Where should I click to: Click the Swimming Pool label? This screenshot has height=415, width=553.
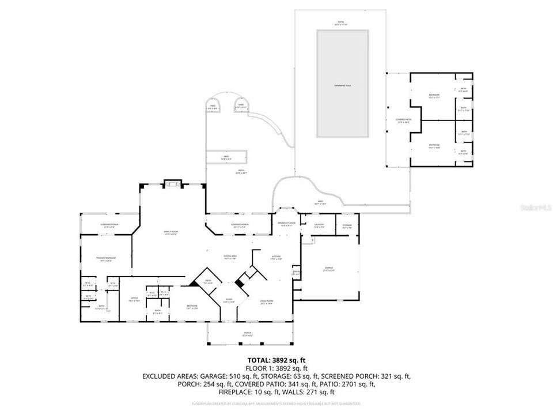tap(342, 85)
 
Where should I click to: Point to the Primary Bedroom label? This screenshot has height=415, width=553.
tap(106, 259)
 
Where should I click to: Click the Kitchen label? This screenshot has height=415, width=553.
tap(275, 258)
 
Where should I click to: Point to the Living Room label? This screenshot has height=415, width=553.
tap(266, 302)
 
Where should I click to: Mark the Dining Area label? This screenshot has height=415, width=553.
tap(230, 258)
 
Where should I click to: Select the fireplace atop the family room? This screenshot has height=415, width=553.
tap(172, 184)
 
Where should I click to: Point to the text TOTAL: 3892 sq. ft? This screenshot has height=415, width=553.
tap(276, 360)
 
